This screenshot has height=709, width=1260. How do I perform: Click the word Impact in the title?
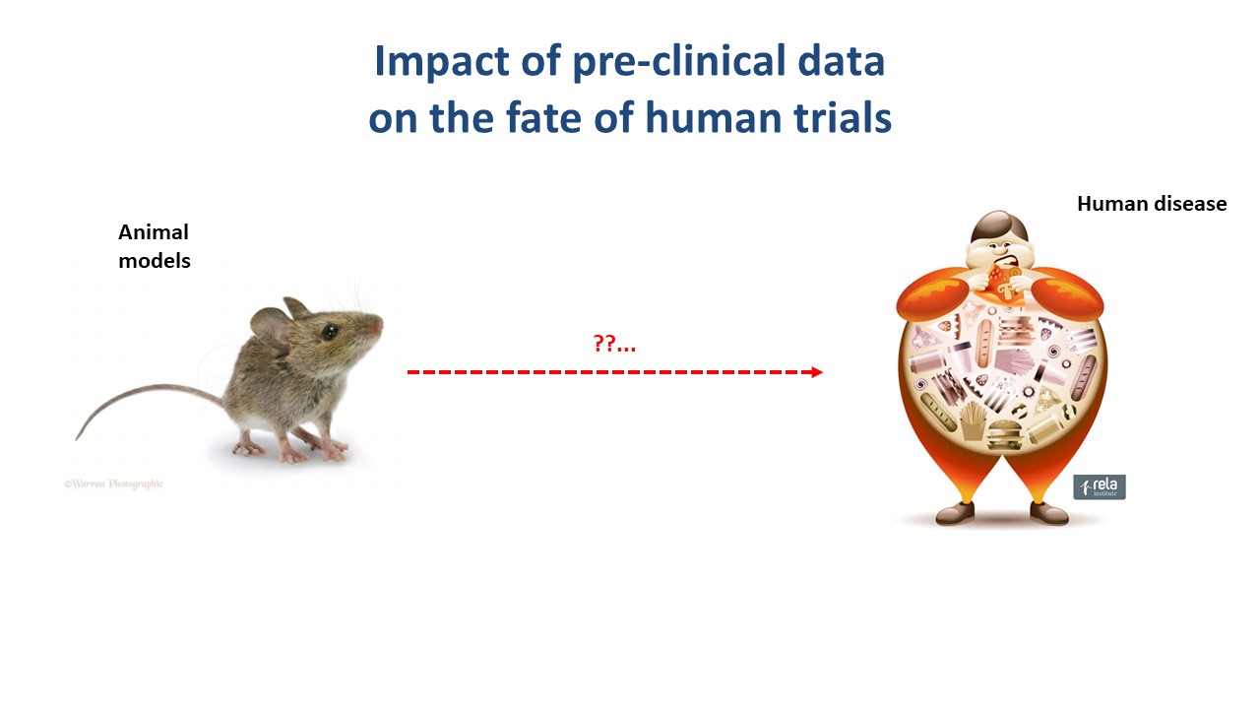[x=442, y=62]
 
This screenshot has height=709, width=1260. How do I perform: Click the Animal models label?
[x=155, y=246]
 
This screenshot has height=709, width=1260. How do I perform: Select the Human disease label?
[x=1152, y=204]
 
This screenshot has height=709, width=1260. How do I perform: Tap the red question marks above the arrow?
[x=614, y=343]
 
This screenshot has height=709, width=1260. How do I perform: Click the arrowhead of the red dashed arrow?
[x=817, y=372]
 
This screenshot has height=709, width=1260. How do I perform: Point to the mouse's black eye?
[x=329, y=332]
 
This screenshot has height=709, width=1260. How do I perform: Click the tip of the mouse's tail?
[x=77, y=438]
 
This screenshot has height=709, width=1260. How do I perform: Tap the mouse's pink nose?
[x=379, y=325]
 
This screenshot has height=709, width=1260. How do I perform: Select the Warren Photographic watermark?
[x=113, y=483]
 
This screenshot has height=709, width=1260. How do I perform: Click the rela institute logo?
[x=1100, y=486]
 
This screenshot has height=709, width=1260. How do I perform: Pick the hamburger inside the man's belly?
[x=1005, y=435]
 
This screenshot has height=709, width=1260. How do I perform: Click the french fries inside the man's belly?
[x=974, y=420]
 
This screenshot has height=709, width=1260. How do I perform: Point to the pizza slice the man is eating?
[x=1001, y=283]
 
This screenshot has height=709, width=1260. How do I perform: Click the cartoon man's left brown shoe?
[x=955, y=513]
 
